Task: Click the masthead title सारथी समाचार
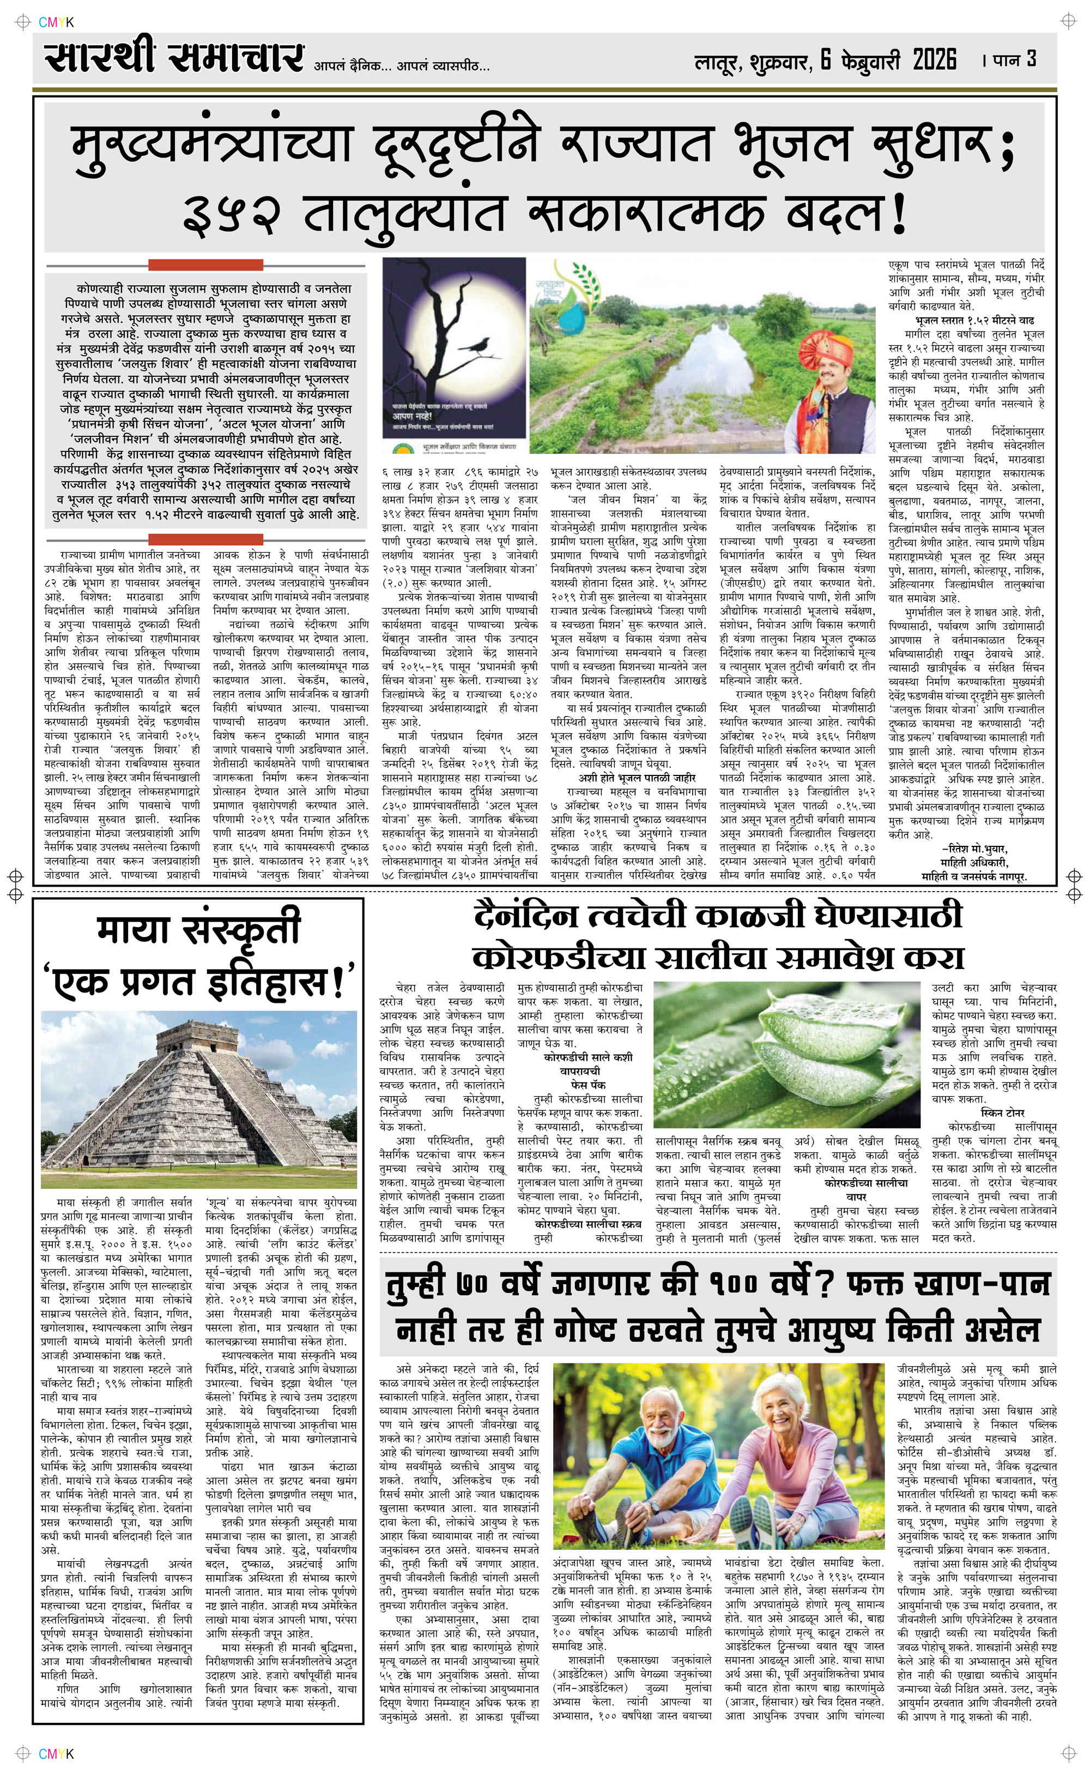173,58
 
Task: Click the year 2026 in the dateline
934,59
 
